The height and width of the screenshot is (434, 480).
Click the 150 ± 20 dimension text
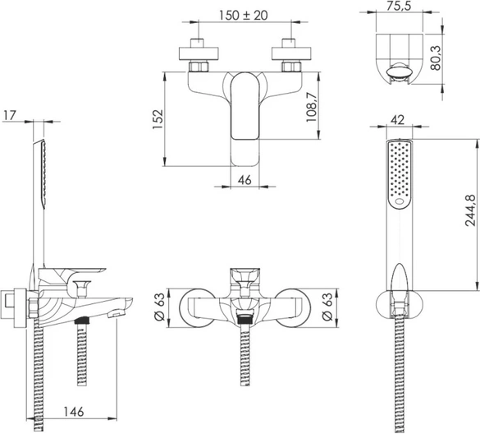tap(244, 16)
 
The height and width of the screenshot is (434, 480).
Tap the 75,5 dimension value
tap(398, 6)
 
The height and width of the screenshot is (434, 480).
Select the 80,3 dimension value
tap(436, 58)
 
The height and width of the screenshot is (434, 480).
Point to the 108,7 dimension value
tap(312, 106)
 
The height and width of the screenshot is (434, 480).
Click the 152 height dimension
tap(158, 119)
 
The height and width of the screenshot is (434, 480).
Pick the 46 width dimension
tap(245, 180)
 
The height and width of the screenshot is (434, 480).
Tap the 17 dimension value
tap(9, 116)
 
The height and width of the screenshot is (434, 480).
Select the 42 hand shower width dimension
tap(398, 120)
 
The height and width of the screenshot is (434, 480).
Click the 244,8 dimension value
tap(470, 210)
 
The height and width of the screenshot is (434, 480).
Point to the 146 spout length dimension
tap(74, 412)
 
